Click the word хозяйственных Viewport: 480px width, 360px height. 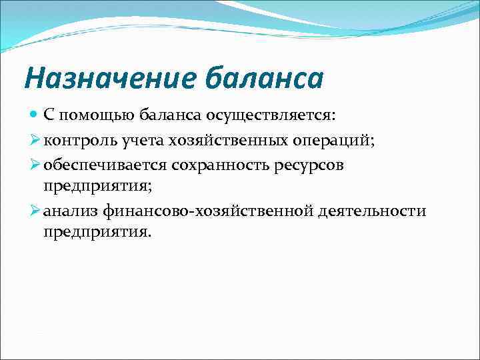pos(210,140)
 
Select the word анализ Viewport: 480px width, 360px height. pos(67,211)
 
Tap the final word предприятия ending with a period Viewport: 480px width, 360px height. pos(97,231)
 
